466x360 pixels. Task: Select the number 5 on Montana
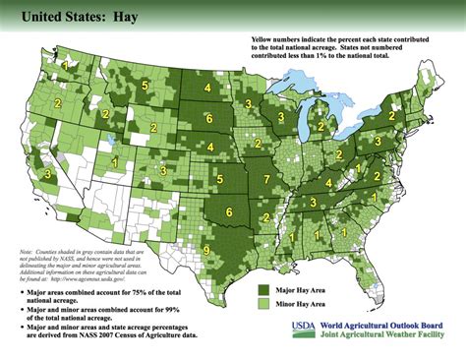145,87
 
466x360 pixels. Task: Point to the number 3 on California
48,174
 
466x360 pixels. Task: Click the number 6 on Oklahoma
230,211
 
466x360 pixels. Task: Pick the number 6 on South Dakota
208,118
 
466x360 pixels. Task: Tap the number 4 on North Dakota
207,88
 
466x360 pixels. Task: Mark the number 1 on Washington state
66,65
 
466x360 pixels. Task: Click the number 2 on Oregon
57,102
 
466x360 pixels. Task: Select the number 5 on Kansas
219,179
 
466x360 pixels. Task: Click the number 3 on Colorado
163,171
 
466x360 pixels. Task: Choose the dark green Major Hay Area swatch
264,290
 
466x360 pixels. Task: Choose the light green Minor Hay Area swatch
264,307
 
